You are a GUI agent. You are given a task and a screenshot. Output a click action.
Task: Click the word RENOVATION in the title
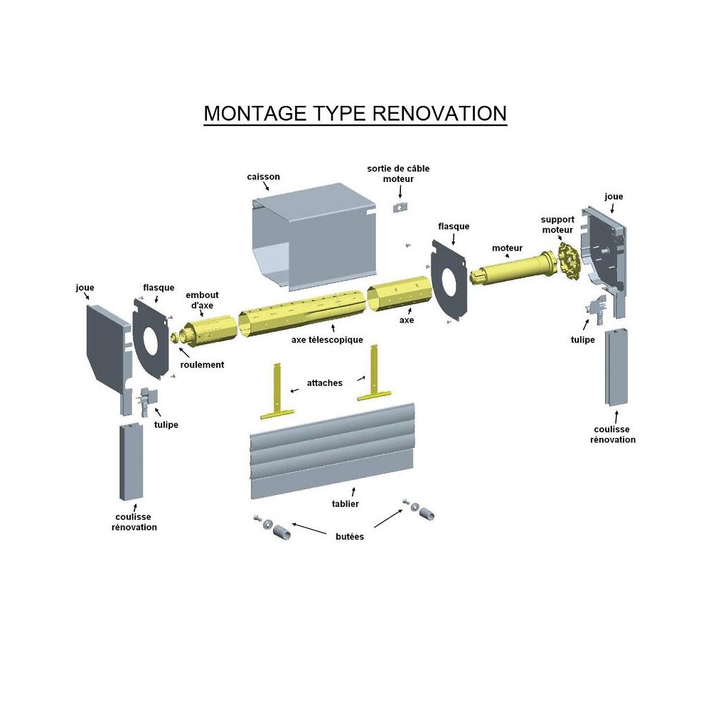pyautogui.click(x=439, y=113)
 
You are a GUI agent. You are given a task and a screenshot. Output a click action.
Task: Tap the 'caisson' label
pyautogui.click(x=264, y=177)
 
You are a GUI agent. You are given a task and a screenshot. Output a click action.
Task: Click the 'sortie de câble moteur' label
pyautogui.click(x=398, y=173)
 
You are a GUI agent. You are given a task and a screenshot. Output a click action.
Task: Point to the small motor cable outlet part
pyautogui.click(x=400, y=207)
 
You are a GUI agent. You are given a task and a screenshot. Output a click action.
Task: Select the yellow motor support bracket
pyautogui.click(x=569, y=260)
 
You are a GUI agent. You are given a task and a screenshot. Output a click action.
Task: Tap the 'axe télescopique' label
pyautogui.click(x=327, y=340)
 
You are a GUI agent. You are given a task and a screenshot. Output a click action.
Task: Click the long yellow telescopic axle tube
pyautogui.click(x=301, y=314)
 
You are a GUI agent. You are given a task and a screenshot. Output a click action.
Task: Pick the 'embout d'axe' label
pyautogui.click(x=202, y=300)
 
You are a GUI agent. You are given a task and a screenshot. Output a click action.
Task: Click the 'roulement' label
pyautogui.click(x=202, y=365)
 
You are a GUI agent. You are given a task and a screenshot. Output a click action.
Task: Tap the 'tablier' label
pyautogui.click(x=345, y=504)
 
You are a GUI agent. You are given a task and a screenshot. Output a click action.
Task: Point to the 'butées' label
pyautogui.click(x=350, y=536)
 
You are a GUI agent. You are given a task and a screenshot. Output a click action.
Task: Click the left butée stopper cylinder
pyautogui.click(x=282, y=533)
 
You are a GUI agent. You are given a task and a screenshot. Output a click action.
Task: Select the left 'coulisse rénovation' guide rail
pyautogui.click(x=131, y=462)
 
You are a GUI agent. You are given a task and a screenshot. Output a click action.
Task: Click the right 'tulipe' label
pyautogui.click(x=583, y=340)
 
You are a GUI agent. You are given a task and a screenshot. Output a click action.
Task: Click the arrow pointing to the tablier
pyautogui.click(x=353, y=492)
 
